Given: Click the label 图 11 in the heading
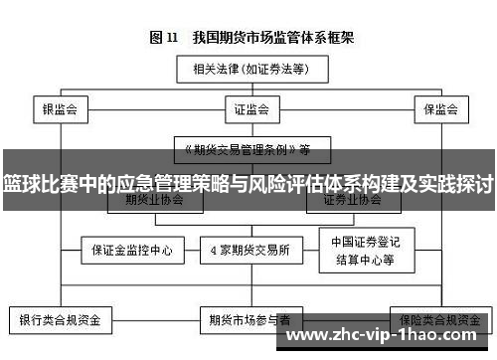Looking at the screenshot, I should click(163, 39).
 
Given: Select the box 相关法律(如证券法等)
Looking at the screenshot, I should click(249, 69).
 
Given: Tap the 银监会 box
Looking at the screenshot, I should click(61, 107).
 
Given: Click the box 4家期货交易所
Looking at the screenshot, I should click(249, 249).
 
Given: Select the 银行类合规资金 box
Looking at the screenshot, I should click(61, 320).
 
